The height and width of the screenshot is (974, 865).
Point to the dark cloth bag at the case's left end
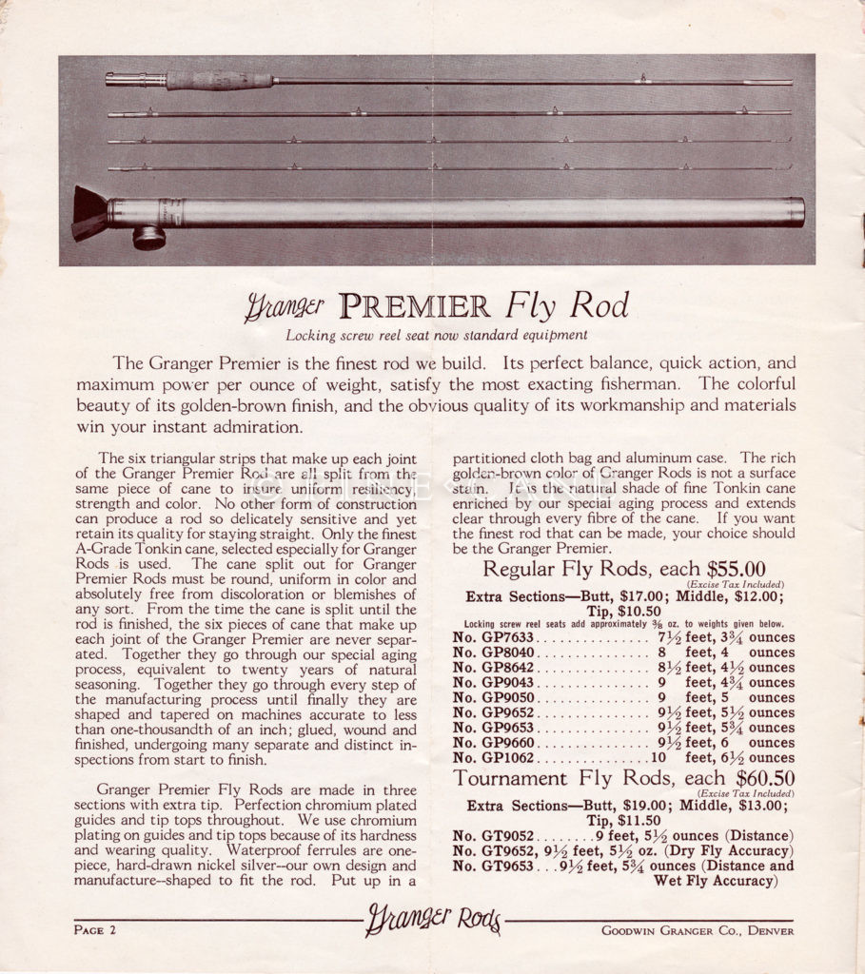tap(90, 212)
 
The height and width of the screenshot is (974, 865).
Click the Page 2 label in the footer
tap(95, 929)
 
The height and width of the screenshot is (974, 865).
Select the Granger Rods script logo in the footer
tap(433, 920)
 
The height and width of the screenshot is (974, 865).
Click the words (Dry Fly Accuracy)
tap(720, 851)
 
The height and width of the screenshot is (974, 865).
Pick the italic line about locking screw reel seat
tap(437, 335)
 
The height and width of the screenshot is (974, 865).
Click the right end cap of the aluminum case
tap(796, 211)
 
